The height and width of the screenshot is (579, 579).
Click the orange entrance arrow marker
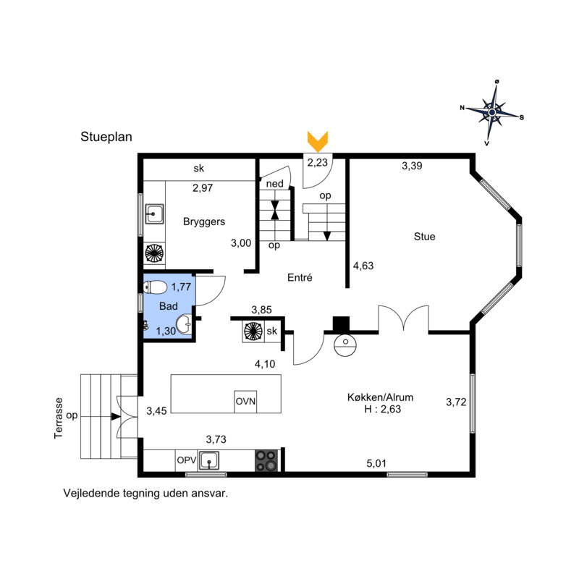click(x=318, y=141)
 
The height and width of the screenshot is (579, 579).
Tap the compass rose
click(x=492, y=112)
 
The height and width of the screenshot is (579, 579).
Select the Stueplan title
click(x=106, y=137)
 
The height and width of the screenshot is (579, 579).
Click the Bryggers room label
click(x=204, y=221)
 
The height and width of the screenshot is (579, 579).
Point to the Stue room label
click(x=424, y=237)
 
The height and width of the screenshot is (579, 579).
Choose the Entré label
click(x=300, y=277)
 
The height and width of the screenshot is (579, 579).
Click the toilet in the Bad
click(x=155, y=287)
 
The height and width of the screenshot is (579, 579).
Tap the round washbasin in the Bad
click(x=184, y=325)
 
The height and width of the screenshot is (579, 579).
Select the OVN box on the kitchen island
click(x=245, y=402)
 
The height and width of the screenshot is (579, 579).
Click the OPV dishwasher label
click(x=187, y=460)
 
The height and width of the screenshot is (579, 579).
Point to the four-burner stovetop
click(x=266, y=460)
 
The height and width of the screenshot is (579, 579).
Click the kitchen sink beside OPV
click(x=209, y=460)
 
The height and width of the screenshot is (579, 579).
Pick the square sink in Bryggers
click(x=154, y=214)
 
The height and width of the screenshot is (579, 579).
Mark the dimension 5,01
click(x=376, y=463)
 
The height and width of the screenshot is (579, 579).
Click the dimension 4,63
click(x=363, y=266)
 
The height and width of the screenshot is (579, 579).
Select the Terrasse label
click(x=59, y=418)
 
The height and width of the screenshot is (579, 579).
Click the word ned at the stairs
click(x=275, y=184)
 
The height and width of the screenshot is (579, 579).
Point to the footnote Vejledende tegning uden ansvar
click(x=146, y=494)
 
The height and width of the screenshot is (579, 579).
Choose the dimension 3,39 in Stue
click(x=412, y=166)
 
